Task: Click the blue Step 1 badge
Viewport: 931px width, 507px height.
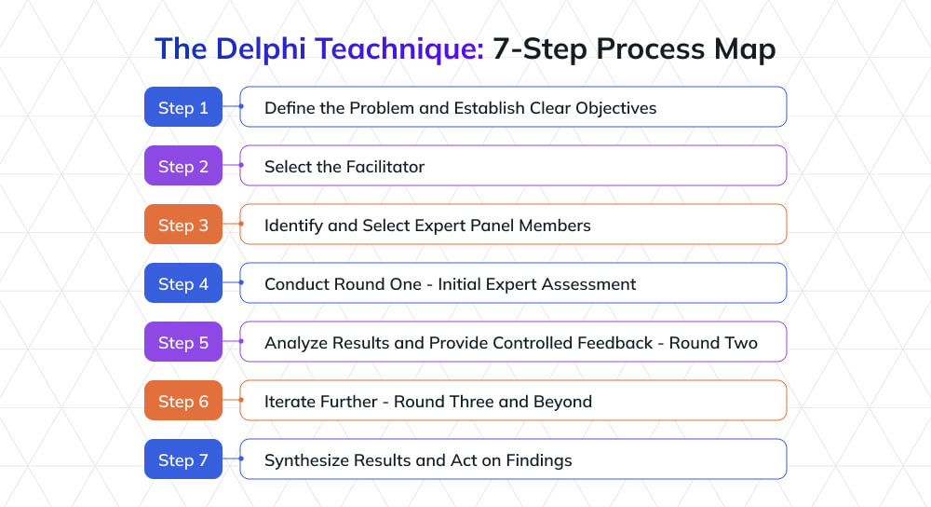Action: (183, 107)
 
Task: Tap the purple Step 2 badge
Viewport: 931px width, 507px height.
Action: (183, 166)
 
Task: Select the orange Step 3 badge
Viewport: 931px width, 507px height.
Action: (183, 225)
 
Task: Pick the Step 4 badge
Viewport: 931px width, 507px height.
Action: (183, 283)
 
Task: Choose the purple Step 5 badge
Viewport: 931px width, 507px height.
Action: (183, 342)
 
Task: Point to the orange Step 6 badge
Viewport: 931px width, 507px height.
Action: (183, 401)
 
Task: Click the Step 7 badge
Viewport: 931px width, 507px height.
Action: (183, 459)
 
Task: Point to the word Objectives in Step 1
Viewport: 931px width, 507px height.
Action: (615, 108)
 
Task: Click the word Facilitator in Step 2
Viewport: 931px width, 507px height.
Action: (385, 167)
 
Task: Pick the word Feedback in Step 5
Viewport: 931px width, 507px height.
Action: (608, 343)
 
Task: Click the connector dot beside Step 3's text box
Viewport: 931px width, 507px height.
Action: (240, 225)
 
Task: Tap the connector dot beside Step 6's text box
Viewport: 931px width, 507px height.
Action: (240, 401)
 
